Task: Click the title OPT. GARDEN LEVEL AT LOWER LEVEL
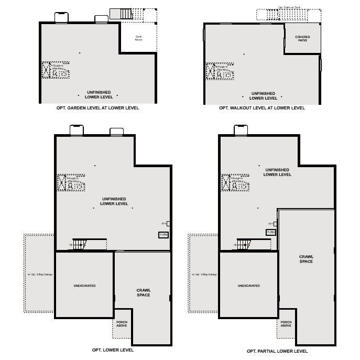click(x=97, y=108)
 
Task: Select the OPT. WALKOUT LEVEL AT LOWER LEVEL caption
click(x=261, y=108)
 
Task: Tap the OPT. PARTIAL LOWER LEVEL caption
click(x=277, y=351)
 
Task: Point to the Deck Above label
click(x=138, y=38)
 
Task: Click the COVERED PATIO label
click(x=302, y=39)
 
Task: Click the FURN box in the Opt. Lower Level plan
click(x=163, y=235)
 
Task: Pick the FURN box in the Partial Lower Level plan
click(x=271, y=232)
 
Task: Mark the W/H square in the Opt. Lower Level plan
click(x=168, y=223)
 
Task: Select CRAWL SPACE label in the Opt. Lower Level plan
click(x=143, y=293)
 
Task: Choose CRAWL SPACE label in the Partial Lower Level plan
click(x=306, y=259)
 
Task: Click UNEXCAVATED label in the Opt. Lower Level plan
click(x=84, y=286)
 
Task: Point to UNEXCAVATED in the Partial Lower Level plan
click(x=248, y=286)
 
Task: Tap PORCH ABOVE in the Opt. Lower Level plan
click(x=122, y=324)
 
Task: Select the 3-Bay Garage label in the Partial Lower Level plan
click(x=204, y=274)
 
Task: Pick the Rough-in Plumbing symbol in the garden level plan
click(x=56, y=70)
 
